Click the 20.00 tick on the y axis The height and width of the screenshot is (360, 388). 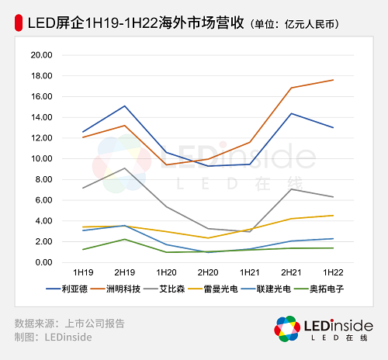pos(40,56)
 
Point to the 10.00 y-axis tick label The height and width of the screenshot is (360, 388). pos(40,159)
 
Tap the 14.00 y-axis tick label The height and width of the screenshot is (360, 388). pos(40,118)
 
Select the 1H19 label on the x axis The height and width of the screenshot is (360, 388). pos(83,272)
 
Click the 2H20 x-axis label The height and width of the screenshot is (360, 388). pos(208,272)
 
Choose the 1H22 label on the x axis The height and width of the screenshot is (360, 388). pos(333,272)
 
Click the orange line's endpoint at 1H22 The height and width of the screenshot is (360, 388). pos(333,80)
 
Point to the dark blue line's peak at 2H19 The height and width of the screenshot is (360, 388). pos(125,106)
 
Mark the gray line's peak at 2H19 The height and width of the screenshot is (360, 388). pos(125,168)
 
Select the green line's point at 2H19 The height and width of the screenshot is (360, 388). pos(125,239)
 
